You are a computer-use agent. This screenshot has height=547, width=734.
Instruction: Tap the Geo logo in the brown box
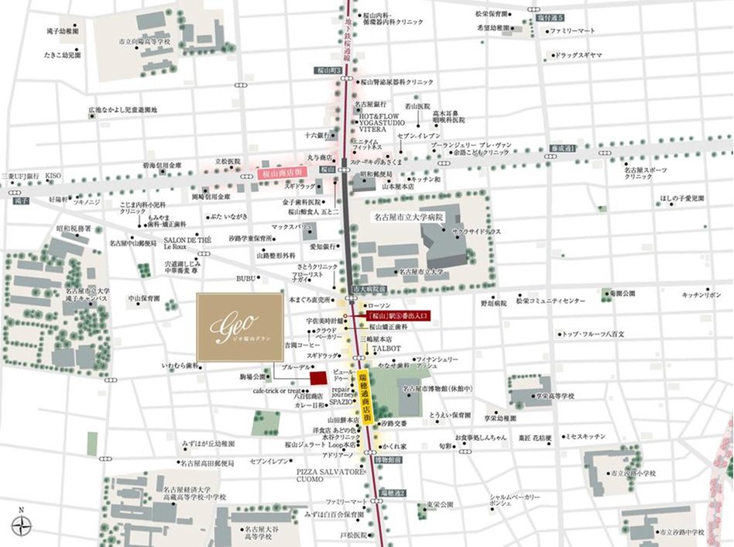coord(239,326)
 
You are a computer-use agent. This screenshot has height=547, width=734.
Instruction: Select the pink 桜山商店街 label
coord(276,175)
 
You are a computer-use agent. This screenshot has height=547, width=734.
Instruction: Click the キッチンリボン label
coord(701,295)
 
